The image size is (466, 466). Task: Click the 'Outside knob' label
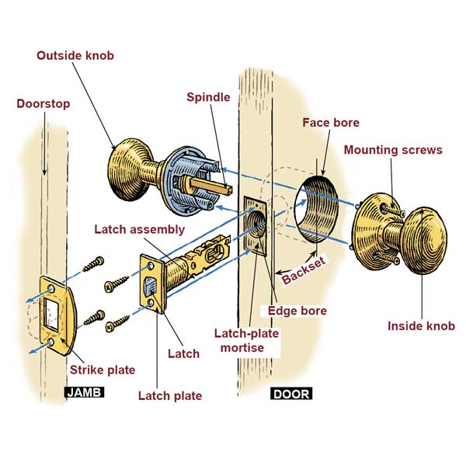pos(75,56)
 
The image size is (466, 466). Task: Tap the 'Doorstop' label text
pos(44,103)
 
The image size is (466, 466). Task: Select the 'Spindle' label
pos(209,97)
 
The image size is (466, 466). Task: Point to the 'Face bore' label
pos(331,123)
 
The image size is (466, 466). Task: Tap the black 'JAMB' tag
pos(85,394)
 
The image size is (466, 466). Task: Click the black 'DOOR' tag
pos(290,394)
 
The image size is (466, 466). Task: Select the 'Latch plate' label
pos(170,396)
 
